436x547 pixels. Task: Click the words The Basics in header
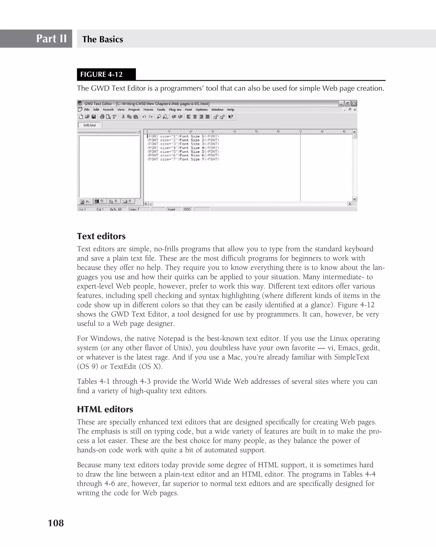[x=102, y=39]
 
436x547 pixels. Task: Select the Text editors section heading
[x=101, y=236]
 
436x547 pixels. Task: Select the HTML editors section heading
[x=105, y=409]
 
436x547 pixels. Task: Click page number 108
[x=56, y=523]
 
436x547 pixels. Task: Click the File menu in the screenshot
[x=87, y=110]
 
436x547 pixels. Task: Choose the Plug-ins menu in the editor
[x=175, y=110]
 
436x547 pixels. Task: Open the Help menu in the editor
[x=231, y=110]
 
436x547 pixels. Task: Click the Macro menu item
[x=148, y=110]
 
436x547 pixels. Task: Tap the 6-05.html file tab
[x=89, y=125]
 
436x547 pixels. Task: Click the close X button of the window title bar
[x=354, y=104]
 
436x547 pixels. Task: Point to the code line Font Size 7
[x=183, y=159]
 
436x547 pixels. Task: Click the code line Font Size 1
[x=183, y=136]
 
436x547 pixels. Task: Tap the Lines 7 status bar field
[x=134, y=209]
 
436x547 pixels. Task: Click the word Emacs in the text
[x=348, y=348]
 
